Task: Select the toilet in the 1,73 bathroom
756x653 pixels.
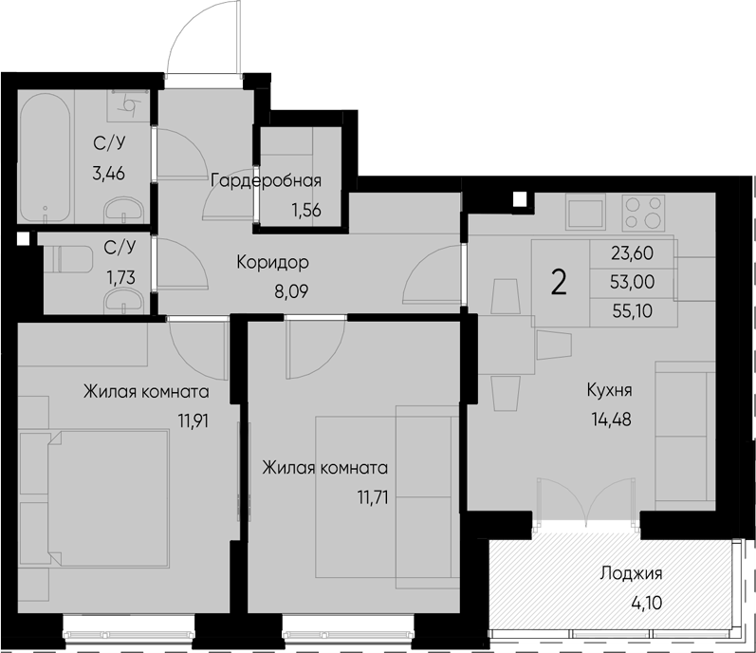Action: point(65,257)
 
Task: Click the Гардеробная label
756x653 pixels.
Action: point(267,181)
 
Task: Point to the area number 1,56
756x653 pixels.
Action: point(304,210)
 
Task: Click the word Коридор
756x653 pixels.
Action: point(273,261)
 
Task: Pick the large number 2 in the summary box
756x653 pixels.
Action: point(560,282)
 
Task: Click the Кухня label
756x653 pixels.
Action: point(609,389)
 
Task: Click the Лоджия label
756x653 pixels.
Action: point(630,573)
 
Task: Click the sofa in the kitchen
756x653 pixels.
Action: point(683,437)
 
